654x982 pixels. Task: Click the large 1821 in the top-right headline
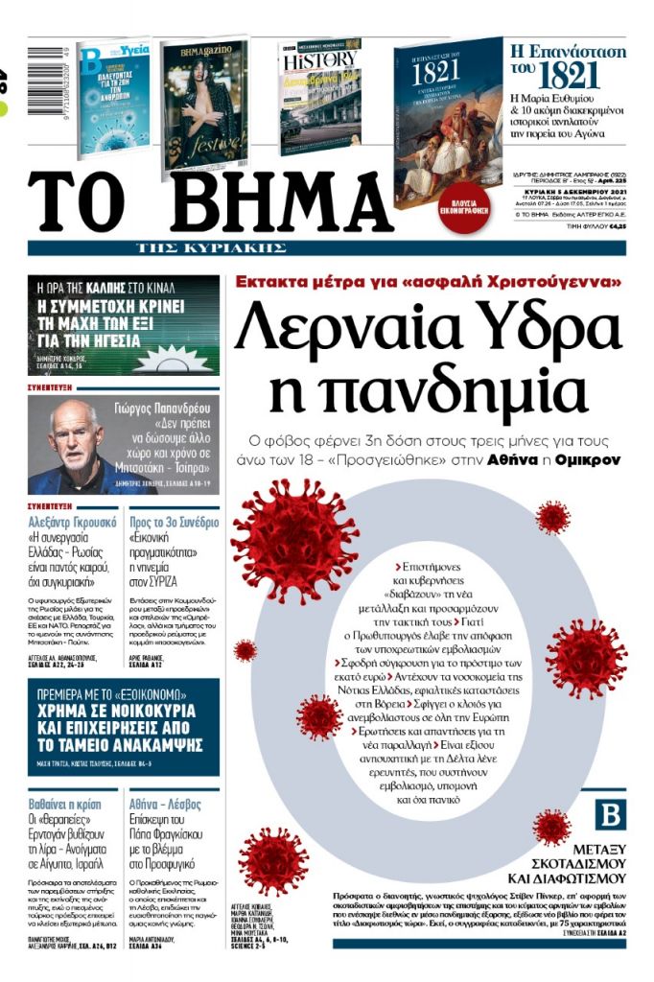[575, 76]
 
